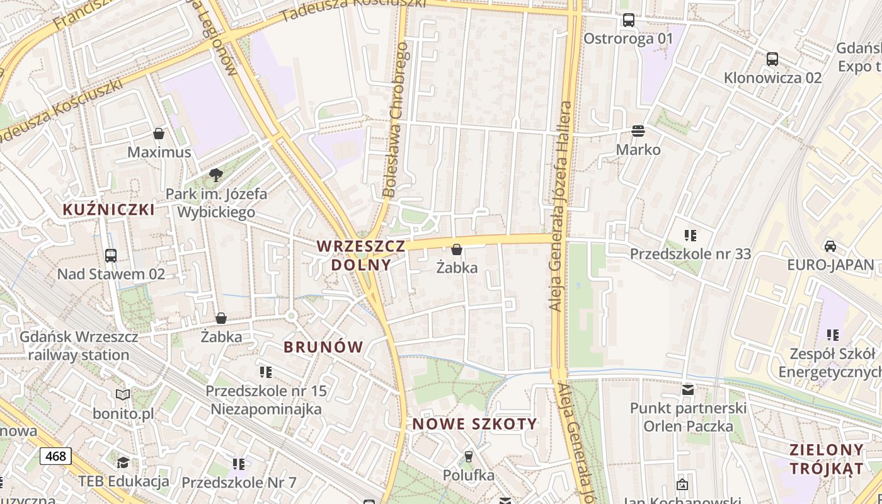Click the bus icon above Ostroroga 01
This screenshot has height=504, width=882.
[628, 20]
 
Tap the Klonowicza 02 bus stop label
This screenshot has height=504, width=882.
[772, 77]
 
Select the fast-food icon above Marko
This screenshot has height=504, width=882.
[638, 131]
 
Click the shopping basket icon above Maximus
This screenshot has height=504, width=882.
[159, 134]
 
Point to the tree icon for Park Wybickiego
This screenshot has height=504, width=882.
[216, 175]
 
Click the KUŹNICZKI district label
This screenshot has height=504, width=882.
[108, 210]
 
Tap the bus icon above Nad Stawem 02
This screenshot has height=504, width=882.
[111, 255]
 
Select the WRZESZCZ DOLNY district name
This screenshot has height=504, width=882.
[361, 255]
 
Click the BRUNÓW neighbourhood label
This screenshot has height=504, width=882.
[323, 346]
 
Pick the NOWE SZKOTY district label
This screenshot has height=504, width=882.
[475, 424]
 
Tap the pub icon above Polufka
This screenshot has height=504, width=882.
[468, 456]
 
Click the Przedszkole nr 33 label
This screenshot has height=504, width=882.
[690, 254]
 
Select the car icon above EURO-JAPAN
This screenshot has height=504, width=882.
[830, 246]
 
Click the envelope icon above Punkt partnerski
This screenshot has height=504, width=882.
[688, 390]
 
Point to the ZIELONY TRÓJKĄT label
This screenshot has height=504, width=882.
[827, 459]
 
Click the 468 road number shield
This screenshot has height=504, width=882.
[55, 455]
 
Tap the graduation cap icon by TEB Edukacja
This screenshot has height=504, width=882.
[123, 463]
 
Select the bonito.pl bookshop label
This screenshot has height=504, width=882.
[123, 414]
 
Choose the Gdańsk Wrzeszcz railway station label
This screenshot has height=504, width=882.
[79, 346]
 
